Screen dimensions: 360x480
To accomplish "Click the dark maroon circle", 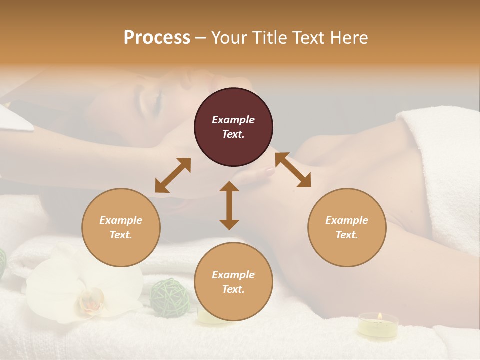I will coord(233,127).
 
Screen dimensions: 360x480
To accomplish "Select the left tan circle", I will coord(121,227).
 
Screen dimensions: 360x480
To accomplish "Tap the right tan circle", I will coord(347,227).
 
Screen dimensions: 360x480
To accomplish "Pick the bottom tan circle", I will coord(233,282).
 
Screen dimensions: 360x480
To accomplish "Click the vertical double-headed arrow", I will coord(229,205).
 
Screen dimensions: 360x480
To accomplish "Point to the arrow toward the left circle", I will coord(173,175).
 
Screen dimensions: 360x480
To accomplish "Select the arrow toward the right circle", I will coord(293,170).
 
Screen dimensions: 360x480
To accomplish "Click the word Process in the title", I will coord(157,37).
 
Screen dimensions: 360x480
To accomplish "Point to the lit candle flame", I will coord(379,316).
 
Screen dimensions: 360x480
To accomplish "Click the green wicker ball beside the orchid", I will coord(171,297).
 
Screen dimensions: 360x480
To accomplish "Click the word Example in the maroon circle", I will coord(233,120).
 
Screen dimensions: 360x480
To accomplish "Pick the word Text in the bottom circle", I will coord(233,289).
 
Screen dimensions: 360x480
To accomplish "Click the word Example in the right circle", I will coord(347,220).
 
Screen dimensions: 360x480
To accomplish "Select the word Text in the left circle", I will coord(120,235).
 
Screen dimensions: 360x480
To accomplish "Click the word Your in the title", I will coord(228,37).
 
